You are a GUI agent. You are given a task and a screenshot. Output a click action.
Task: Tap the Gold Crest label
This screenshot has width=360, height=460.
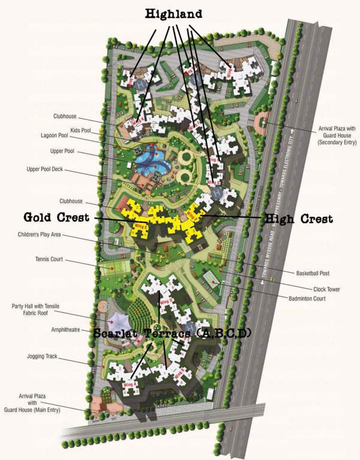click(56, 217)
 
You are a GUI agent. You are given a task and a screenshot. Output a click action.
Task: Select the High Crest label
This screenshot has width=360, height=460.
click(299, 219)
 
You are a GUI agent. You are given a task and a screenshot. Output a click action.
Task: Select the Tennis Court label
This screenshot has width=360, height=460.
click(49, 260)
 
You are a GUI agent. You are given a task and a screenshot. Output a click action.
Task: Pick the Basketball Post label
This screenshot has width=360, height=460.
click(313, 273)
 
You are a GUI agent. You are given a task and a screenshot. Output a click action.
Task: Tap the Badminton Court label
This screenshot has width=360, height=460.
click(307, 298)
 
